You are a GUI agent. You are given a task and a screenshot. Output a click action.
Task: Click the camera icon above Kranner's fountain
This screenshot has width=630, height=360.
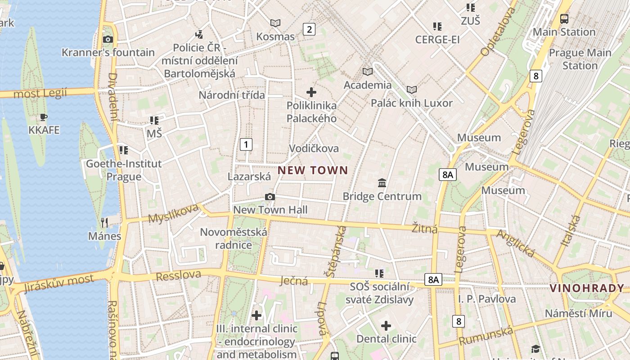(108, 39)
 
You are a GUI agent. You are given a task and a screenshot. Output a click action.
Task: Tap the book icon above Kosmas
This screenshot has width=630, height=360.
(275, 23)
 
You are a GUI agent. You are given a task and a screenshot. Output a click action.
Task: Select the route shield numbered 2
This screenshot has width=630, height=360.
(309, 29)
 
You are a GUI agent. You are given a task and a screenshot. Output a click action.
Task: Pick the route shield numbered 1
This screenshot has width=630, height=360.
(246, 144)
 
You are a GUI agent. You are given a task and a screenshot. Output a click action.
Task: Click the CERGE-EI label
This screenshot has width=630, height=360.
(437, 40)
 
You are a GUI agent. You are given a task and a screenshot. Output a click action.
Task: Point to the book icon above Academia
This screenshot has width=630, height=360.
(368, 72)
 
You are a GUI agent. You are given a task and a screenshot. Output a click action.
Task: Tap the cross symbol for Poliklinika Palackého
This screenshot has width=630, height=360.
(311, 92)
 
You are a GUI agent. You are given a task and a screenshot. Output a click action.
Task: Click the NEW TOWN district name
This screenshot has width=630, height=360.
(313, 170)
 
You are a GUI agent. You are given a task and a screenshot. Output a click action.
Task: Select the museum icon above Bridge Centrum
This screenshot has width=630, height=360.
(382, 183)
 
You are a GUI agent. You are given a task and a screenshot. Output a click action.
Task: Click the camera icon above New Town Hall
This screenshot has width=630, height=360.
(270, 197)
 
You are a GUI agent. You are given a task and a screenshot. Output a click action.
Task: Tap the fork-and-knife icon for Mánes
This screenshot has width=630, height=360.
(104, 222)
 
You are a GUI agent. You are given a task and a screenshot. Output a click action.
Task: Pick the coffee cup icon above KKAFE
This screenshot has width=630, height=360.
(43, 117)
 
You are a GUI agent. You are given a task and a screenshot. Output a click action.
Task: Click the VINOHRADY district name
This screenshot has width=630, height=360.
(587, 288)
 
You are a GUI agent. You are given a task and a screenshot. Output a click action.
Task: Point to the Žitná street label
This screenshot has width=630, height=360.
(425, 229)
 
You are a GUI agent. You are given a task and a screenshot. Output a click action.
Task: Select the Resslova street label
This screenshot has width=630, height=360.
(178, 275)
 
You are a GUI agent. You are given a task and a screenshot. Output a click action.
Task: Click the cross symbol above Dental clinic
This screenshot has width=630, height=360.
(386, 325)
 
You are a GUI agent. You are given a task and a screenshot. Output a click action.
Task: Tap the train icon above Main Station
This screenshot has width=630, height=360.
(564, 19)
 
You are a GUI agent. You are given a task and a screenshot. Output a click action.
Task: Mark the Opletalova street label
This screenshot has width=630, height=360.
(498, 31)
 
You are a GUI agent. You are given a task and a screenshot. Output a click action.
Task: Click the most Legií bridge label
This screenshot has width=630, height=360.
(40, 94)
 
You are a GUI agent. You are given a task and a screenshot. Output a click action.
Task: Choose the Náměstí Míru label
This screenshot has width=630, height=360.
(578, 313)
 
